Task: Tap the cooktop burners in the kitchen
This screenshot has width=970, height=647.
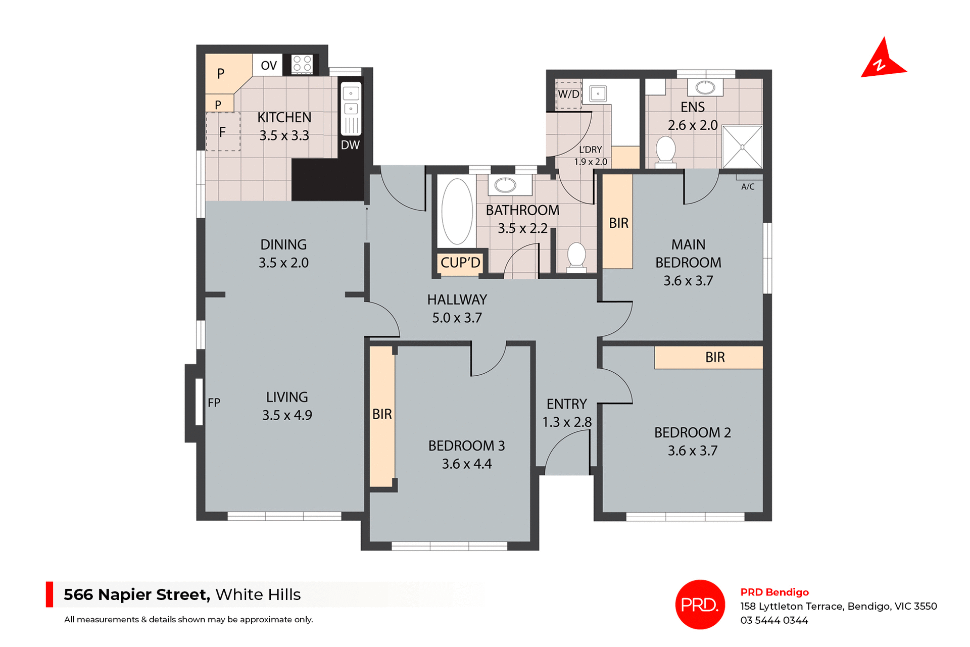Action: (302, 64)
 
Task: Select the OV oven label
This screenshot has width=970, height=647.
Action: (268, 65)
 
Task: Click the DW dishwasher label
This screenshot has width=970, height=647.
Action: (350, 145)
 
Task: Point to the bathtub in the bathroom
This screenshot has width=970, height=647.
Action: (457, 212)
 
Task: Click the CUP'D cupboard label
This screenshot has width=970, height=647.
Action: (460, 263)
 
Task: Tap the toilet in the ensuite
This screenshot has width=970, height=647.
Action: (665, 151)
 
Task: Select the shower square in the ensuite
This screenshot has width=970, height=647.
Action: (742, 147)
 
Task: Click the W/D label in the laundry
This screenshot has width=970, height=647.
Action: (568, 94)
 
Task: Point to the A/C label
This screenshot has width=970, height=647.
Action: (748, 187)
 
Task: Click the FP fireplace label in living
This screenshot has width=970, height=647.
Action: (214, 403)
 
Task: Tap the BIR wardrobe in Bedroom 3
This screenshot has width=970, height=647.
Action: (382, 415)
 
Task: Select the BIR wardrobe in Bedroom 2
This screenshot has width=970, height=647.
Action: (714, 358)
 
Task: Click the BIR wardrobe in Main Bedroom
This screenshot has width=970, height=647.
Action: (618, 223)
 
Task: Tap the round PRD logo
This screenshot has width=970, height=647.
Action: (700, 604)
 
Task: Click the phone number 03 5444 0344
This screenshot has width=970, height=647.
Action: (774, 620)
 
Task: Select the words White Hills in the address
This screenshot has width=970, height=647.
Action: (258, 594)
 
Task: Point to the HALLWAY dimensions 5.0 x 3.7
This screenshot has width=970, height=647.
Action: (457, 318)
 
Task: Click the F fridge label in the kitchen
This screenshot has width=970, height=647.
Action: (222, 132)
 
